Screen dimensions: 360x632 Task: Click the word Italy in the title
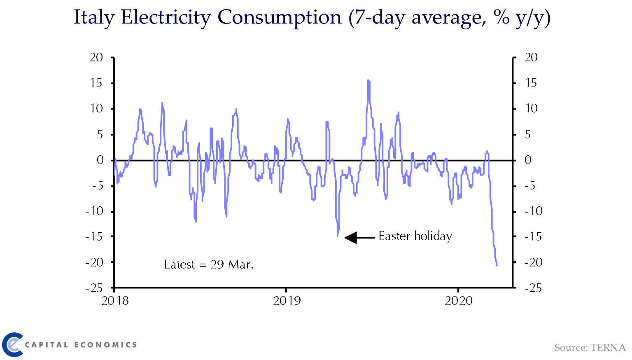pyautogui.click(x=93, y=18)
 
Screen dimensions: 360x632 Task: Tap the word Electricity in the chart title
pyautogui.click(x=166, y=18)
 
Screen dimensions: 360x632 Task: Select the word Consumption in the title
pyautogui.click(x=279, y=18)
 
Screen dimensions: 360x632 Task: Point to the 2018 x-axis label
pyautogui.click(x=115, y=301)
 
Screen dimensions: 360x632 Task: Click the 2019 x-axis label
pyautogui.click(x=287, y=301)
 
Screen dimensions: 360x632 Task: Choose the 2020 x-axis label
pyautogui.click(x=459, y=301)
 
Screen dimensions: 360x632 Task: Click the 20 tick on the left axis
pyautogui.click(x=96, y=57)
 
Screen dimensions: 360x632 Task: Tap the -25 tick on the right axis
pyautogui.click(x=533, y=288)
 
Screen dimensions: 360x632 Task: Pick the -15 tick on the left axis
pyautogui.click(x=94, y=236)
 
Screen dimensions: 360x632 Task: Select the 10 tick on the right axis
pyautogui.click(x=531, y=108)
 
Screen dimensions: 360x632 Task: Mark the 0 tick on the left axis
pyautogui.click(x=100, y=160)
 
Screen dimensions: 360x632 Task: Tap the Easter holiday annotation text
pyautogui.click(x=415, y=236)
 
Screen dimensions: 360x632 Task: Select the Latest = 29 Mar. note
pyautogui.click(x=209, y=264)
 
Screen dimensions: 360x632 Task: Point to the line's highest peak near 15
pyautogui.click(x=368, y=81)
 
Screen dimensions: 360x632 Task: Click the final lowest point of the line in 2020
pyautogui.click(x=497, y=265)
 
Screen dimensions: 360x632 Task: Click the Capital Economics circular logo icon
pyautogui.click(x=12, y=344)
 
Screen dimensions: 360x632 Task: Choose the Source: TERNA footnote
pyautogui.click(x=590, y=348)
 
